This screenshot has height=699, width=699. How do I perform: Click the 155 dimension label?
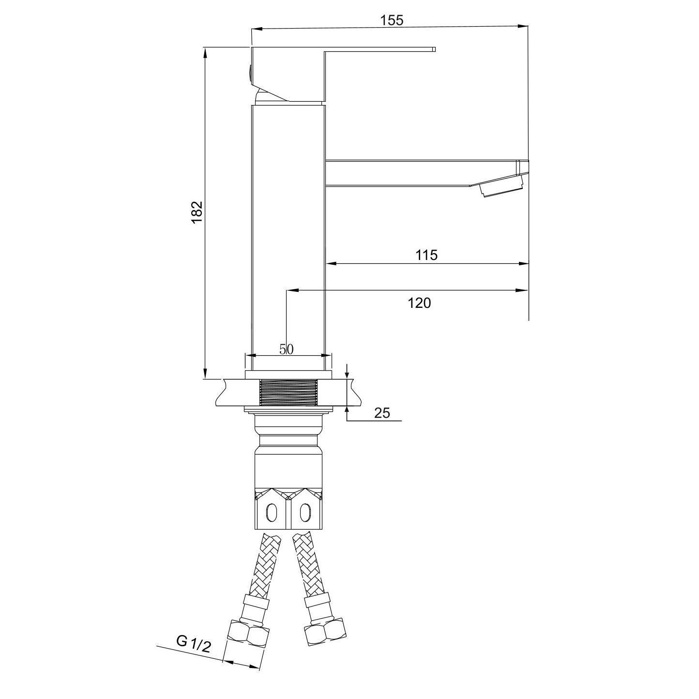coord(392,20)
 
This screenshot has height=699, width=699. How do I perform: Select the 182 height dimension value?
coord(197,212)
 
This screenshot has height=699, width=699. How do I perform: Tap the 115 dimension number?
coord(426,255)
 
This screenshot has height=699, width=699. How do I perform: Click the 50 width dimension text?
coord(286,349)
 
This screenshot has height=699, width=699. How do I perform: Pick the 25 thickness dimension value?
coord(381,413)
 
